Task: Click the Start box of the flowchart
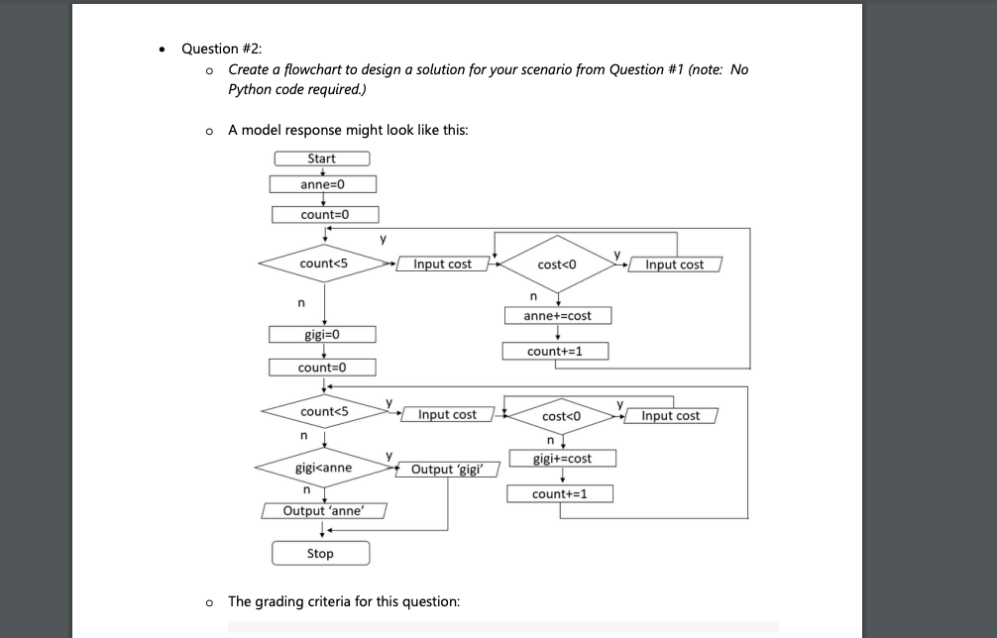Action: (x=322, y=159)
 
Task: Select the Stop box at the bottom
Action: (x=320, y=553)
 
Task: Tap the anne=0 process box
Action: (x=323, y=184)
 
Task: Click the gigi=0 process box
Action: (x=322, y=334)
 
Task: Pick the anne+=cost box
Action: (x=558, y=316)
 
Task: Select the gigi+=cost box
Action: (x=563, y=458)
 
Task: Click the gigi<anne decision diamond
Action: (x=324, y=468)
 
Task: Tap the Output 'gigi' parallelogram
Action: (x=448, y=469)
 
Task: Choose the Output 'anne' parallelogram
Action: (x=324, y=511)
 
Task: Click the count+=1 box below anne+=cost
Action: (x=555, y=351)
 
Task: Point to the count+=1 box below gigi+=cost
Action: (x=560, y=493)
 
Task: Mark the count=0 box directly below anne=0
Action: (x=325, y=215)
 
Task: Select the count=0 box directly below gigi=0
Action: (x=322, y=368)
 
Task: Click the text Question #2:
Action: (x=222, y=49)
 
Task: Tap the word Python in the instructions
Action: (x=250, y=89)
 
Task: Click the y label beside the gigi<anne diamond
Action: (x=389, y=455)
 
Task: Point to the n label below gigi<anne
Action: (x=306, y=490)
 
